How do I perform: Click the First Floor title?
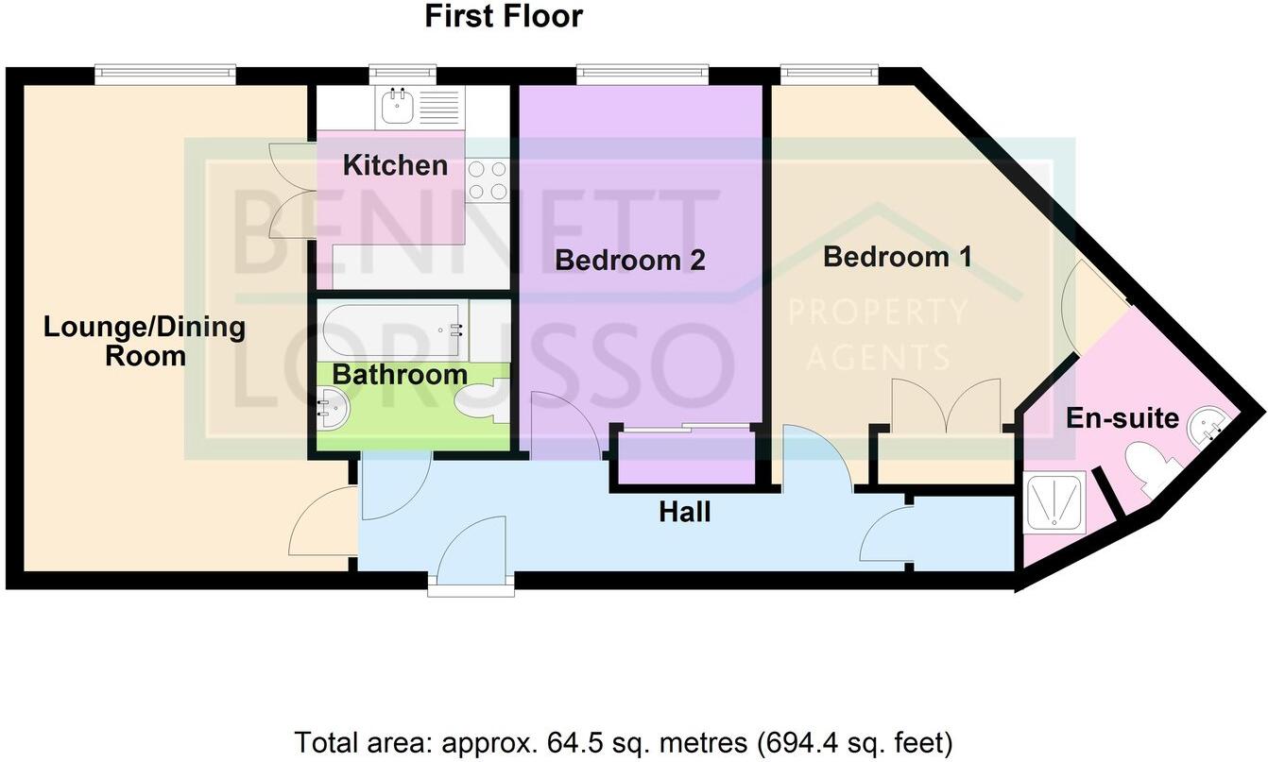503,16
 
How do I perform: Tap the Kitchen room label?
395,165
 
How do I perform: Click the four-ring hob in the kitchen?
488,179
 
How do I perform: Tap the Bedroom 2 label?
629,260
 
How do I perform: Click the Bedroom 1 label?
897,256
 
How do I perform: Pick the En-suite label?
1122,417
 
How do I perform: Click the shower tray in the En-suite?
1055,501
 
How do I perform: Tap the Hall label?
684,513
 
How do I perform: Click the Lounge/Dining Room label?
145,342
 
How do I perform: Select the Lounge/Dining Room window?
164,73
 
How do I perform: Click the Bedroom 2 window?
643,73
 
